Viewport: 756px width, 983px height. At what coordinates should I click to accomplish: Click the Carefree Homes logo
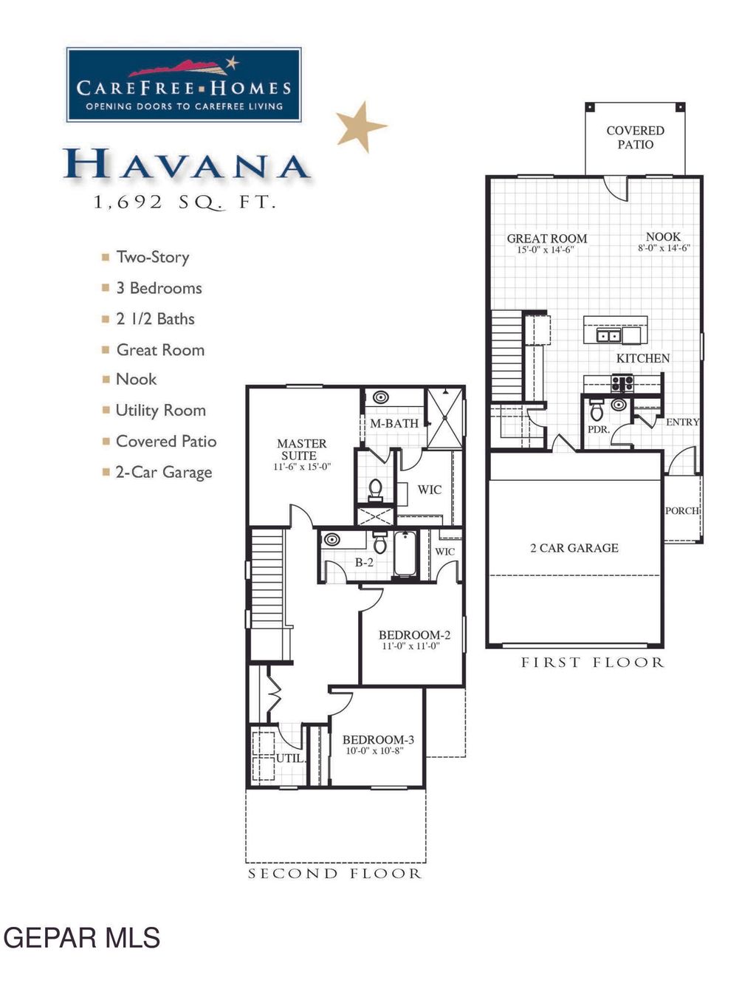(184, 85)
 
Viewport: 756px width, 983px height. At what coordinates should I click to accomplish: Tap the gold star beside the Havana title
(360, 126)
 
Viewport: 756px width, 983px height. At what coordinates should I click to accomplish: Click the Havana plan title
(185, 165)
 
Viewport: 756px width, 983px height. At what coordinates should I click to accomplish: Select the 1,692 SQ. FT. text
(185, 202)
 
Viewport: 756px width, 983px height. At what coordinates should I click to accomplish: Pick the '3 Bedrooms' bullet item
(158, 288)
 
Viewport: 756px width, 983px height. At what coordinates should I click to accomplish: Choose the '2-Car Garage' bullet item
(163, 473)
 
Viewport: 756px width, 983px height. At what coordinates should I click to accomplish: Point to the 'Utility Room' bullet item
(160, 411)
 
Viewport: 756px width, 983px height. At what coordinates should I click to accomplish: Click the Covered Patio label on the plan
(635, 137)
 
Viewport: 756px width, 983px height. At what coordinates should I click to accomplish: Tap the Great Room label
(546, 239)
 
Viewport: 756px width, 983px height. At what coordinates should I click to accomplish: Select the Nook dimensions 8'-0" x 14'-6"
(663, 249)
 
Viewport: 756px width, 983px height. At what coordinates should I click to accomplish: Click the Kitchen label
(643, 358)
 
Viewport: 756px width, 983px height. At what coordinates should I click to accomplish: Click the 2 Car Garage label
(574, 548)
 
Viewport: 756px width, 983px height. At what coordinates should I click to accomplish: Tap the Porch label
(681, 511)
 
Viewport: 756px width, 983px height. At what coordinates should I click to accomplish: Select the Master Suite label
(301, 450)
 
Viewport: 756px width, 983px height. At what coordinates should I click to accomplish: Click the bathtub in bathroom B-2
(405, 555)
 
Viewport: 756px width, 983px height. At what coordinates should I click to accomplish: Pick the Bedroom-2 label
(414, 635)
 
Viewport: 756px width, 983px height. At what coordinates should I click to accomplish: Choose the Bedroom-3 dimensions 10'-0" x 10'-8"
(374, 751)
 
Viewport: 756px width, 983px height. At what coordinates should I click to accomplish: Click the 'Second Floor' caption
(334, 874)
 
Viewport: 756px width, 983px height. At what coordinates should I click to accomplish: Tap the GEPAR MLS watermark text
(81, 938)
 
